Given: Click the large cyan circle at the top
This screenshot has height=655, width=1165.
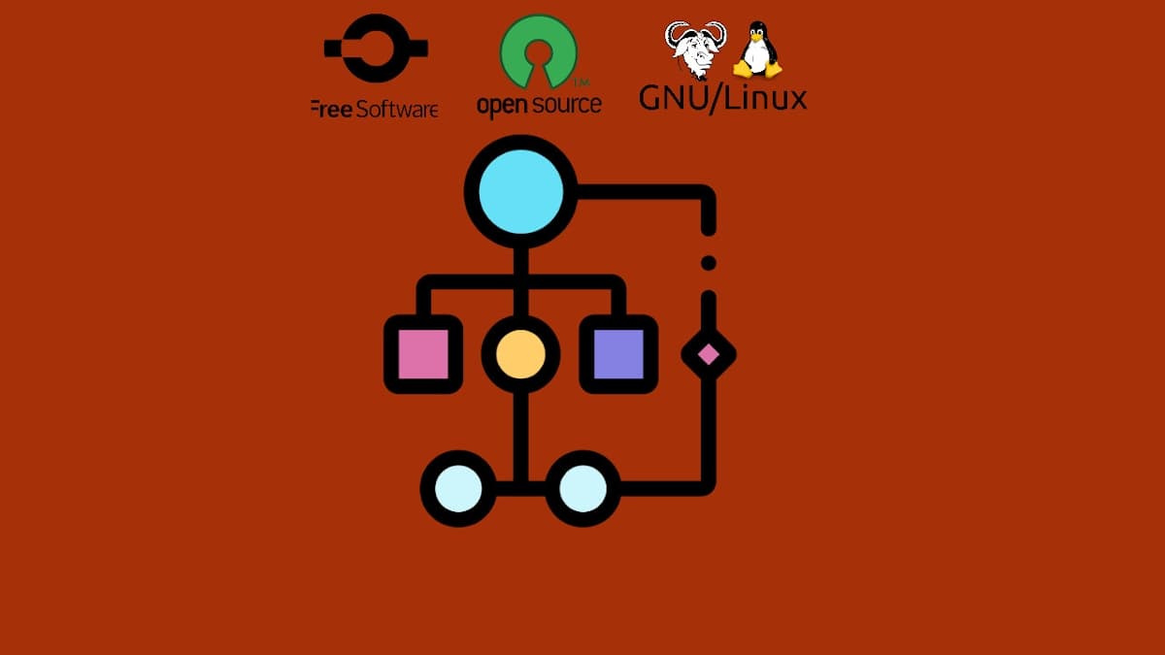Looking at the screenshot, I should point(521,190).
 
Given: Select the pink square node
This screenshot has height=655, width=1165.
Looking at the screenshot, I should point(423,354).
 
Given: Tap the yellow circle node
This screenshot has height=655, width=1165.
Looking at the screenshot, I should point(520,354).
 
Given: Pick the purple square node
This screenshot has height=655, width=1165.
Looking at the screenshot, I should point(618,354).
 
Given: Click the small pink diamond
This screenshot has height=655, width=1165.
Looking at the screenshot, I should point(709,354).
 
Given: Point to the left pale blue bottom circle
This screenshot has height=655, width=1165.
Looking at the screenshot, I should point(458,488).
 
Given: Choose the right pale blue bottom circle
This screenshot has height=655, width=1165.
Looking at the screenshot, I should point(582,488).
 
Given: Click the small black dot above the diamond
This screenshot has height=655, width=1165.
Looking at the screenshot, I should point(709,263).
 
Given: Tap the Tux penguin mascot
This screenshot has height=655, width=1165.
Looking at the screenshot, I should point(757,51).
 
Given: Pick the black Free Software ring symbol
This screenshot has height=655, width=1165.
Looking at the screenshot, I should point(375,47).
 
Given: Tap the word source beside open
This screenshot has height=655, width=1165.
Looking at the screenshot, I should point(566,104).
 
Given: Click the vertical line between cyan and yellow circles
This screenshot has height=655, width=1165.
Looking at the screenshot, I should point(521,262).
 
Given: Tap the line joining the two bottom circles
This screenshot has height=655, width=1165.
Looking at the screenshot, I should point(520,488).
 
